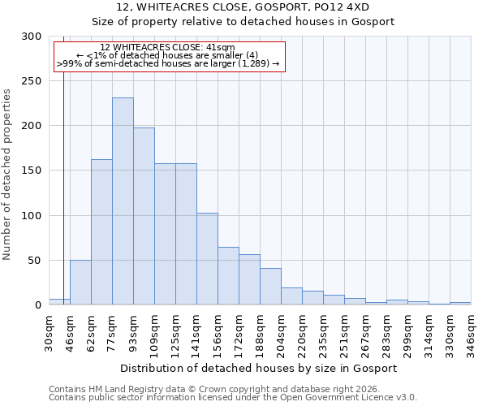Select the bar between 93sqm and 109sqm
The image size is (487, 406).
tap(144, 216)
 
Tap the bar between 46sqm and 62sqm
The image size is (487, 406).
tap(80, 283)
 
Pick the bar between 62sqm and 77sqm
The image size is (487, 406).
tap(101, 232)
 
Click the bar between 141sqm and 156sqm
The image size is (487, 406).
tap(207, 259)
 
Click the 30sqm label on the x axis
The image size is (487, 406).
tap(50, 331)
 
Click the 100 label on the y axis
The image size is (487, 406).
tap(32, 216)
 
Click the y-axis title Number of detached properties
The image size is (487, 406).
tap(7, 175)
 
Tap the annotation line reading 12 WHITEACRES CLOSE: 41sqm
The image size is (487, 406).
tap(168, 48)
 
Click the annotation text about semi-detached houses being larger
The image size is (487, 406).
tap(168, 63)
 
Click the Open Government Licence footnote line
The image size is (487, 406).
tap(232, 398)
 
